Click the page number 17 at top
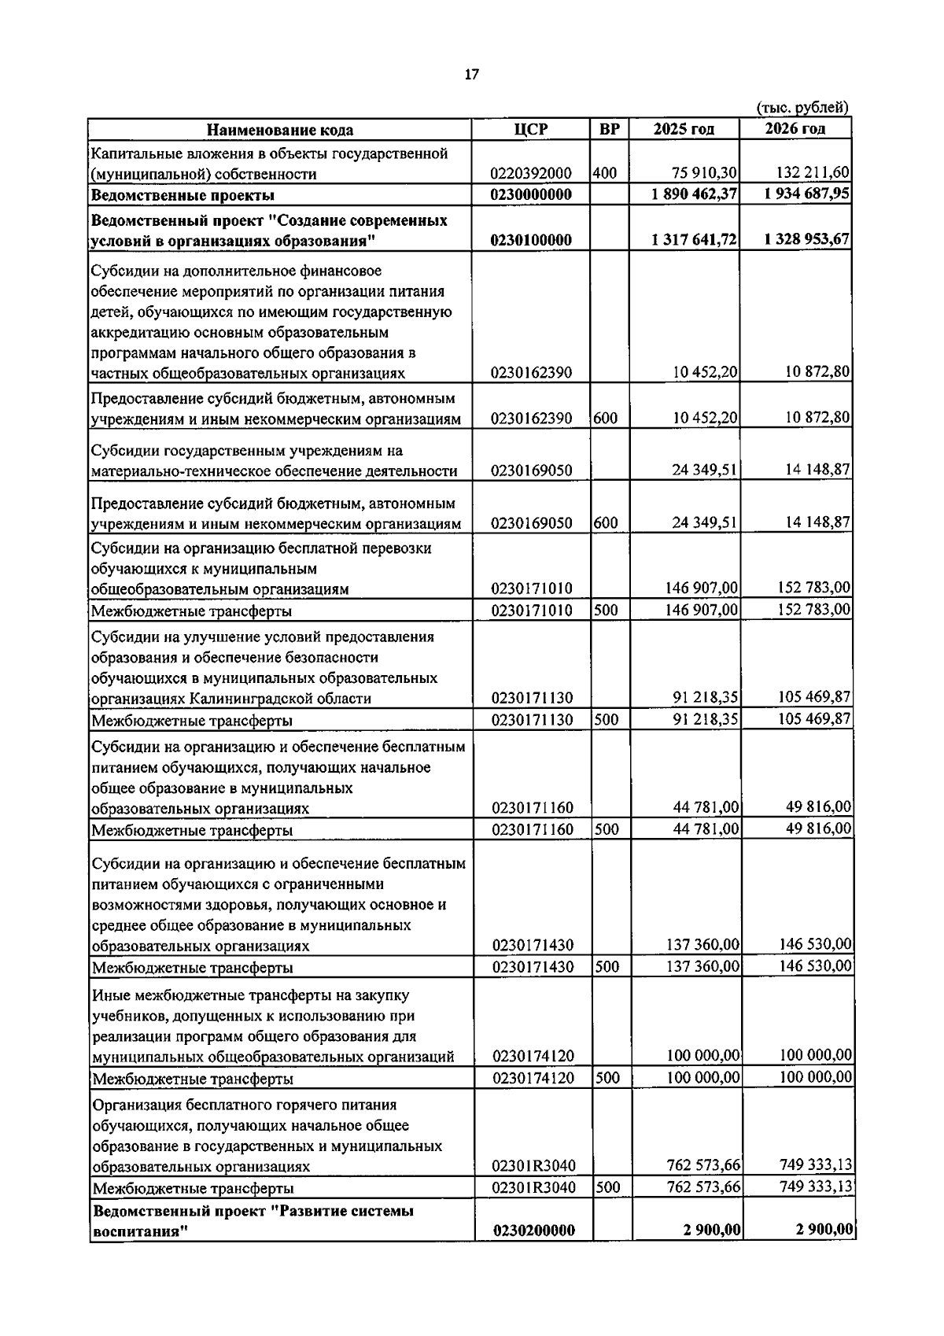click(471, 75)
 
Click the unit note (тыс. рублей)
click(802, 108)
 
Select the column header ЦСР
click(531, 130)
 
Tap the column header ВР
click(609, 130)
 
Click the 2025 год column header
click(684, 130)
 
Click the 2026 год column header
click(795, 130)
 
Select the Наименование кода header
click(279, 131)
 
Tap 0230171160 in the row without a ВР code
click(532, 808)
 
